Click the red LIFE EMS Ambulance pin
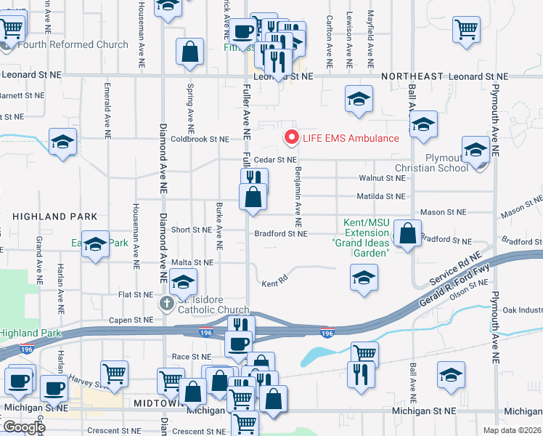pyautogui.click(x=292, y=137)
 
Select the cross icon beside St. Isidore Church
pyautogui.click(x=166, y=303)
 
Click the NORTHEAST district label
pyautogui.click(x=412, y=76)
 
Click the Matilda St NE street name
pyautogui.click(x=381, y=196)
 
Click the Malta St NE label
pyautogui.click(x=192, y=262)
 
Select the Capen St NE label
pyautogui.click(x=133, y=319)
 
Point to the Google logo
pyautogui.click(x=24, y=427)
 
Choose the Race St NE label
pyautogui.click(x=191, y=357)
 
